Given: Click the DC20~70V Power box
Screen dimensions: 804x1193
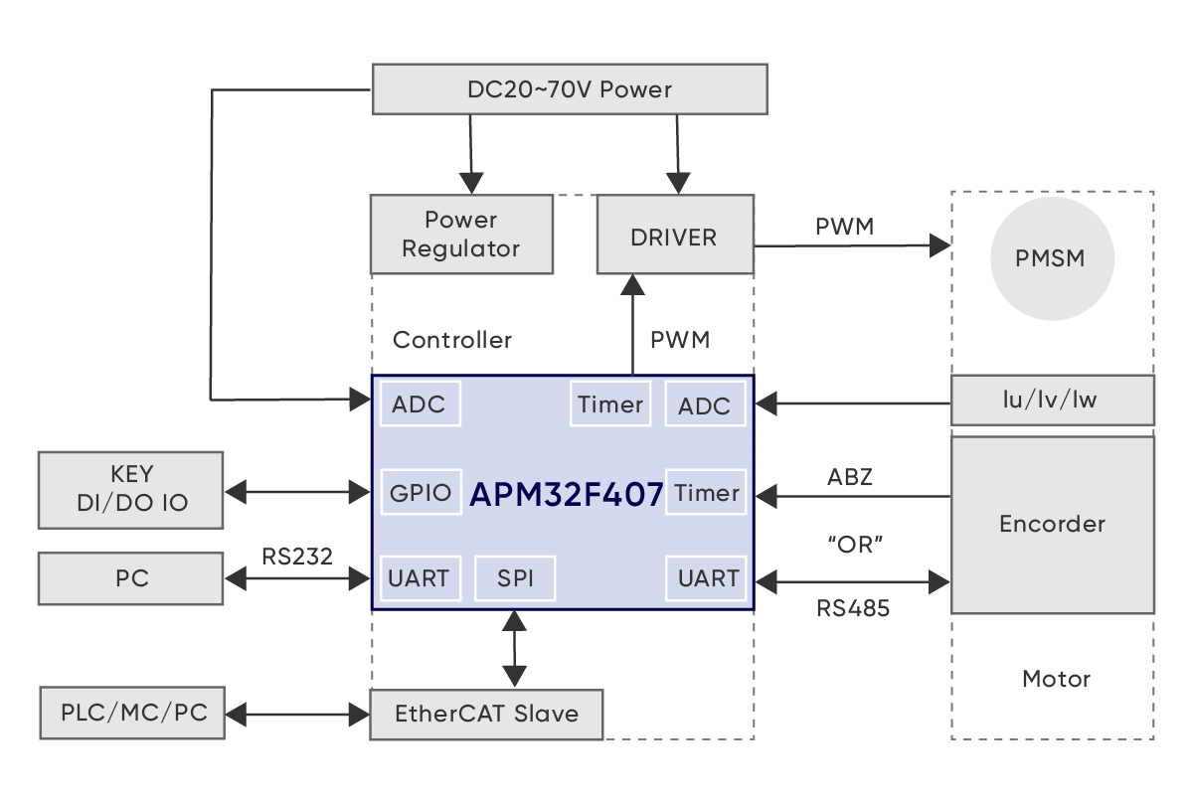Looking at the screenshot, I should click(569, 89).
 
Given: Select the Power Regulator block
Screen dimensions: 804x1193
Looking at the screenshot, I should click(461, 235).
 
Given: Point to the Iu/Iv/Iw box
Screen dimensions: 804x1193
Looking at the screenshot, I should click(1052, 401).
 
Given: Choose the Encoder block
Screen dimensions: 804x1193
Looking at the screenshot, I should click(1052, 524).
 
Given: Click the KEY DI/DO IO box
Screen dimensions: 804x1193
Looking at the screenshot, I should click(131, 490).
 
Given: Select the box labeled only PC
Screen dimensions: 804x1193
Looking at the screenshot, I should click(131, 577).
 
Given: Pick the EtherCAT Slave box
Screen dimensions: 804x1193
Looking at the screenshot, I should click(486, 714).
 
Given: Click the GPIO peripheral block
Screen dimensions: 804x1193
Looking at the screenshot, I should click(421, 492).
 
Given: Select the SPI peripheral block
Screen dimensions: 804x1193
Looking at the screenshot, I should click(515, 578).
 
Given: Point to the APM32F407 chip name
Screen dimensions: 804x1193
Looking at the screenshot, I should click(566, 494).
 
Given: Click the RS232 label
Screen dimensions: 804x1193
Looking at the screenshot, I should click(297, 555).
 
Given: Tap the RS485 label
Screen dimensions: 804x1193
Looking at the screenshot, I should click(853, 608).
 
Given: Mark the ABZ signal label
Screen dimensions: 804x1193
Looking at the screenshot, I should click(850, 477).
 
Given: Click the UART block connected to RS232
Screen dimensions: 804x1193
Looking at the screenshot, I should click(420, 578).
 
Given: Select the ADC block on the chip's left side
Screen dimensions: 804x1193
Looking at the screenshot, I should click(420, 404).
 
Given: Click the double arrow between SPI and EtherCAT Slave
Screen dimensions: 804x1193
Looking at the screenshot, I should click(514, 648).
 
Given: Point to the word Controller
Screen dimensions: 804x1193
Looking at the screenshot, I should click(452, 340).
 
